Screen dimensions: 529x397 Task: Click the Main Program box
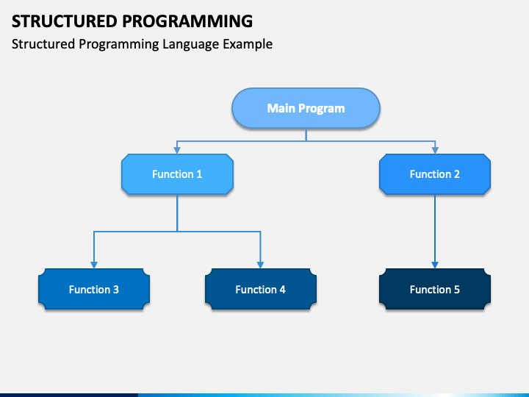pos(306,108)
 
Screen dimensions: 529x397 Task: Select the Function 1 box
pos(177,174)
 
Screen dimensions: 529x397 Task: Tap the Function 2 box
pos(435,174)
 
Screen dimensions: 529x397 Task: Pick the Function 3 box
pos(94,290)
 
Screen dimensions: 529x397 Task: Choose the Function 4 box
pos(260,290)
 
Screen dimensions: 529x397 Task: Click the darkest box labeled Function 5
pos(435,290)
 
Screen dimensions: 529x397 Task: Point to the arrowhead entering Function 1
pos(177,150)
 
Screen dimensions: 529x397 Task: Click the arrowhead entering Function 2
pos(435,150)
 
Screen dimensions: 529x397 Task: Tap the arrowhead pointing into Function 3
pos(94,265)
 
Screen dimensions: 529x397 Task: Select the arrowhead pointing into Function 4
pos(260,265)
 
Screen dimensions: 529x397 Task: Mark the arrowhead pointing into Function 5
pos(435,265)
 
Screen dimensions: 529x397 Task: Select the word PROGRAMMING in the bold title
pos(187,21)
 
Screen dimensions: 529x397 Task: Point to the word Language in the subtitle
pos(190,45)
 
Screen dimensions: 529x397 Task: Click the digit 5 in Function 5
pos(457,290)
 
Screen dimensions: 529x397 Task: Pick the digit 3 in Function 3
pos(116,290)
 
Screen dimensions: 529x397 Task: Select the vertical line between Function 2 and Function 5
pos(435,229)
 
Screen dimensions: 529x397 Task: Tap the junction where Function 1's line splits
pos(177,232)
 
